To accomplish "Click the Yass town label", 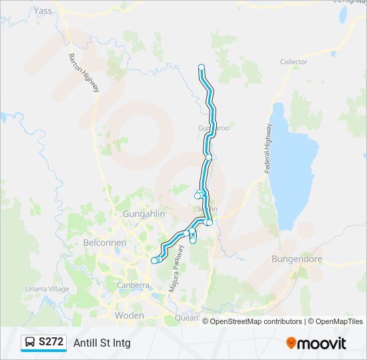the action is coord(43,11).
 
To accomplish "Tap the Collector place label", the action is coord(294,62).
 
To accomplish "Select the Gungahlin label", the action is coord(143,214).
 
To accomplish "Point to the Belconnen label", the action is coord(105,243).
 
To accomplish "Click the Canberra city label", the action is coord(132,285).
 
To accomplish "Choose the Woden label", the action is coord(129,315).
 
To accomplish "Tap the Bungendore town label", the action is coord(297,259).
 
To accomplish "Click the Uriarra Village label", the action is coord(47,289).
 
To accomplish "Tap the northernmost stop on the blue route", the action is coord(202,67).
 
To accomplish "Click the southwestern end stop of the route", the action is coord(154,261).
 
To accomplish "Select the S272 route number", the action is coord(51,342).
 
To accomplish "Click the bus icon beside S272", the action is coord(31,343).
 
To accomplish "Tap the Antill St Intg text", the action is coord(102,343).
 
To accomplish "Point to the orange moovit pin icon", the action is coord(291,343).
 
